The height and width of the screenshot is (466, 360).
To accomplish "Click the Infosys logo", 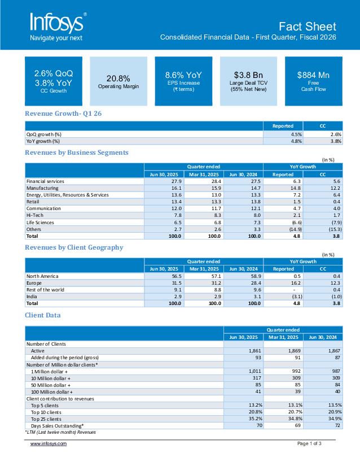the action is pos(58,27).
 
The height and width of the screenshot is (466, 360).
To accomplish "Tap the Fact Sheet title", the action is pos(308,27).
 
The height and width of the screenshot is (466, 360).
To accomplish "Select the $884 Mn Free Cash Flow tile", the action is pos(313,81).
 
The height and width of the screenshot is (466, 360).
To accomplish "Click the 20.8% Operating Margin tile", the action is pos(118,81).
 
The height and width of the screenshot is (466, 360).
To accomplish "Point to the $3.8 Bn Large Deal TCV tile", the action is pos(248,81).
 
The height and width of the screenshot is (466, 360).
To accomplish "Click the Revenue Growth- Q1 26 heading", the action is pos(63,114).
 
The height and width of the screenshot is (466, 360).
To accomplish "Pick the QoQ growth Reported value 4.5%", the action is pos(296,134).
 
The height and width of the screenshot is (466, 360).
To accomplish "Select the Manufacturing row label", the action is pos(42,188).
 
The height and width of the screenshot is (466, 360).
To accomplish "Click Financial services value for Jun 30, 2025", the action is pos(177,181).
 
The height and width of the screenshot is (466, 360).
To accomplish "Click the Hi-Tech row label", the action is pos(35,215).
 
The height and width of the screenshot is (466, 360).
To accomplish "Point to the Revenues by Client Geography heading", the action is pos(74,247).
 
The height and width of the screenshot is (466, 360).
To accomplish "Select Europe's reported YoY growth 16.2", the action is pos(296,283).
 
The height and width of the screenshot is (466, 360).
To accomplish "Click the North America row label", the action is pos(42,276).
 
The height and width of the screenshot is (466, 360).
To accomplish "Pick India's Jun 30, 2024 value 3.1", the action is pos(257,297).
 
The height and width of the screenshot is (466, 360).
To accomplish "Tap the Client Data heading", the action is pos(43,315).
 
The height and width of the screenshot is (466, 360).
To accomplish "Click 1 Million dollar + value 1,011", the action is pos(255,371).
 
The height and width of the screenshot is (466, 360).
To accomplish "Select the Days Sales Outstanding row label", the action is pos(58,426).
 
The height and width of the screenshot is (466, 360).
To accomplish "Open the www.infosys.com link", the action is pos(49,444).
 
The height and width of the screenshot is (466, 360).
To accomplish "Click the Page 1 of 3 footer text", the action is pos(309,443).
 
